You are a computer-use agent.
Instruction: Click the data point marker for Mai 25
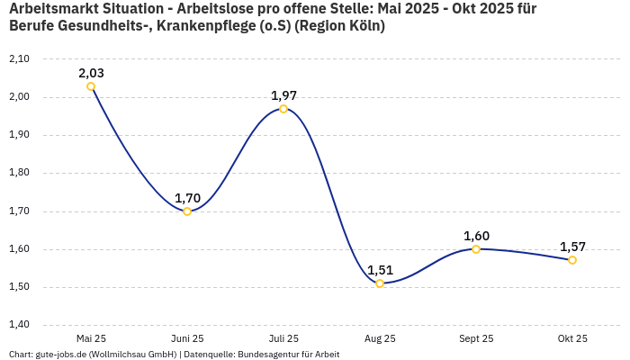[91, 86]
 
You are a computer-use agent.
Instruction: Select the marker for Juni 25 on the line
[187, 211]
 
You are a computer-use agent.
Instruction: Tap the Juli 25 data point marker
[283, 109]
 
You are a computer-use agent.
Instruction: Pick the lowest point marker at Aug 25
[380, 283]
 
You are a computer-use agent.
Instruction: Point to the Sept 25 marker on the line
[476, 249]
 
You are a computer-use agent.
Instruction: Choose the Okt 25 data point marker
[572, 260]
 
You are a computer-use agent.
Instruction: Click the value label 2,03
[91, 73]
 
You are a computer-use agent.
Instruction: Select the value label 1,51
[380, 270]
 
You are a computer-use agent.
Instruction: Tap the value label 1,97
[283, 95]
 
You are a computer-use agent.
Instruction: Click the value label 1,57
[572, 247]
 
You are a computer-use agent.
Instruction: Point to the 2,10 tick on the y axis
[19, 58]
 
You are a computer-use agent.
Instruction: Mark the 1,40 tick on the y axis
[19, 325]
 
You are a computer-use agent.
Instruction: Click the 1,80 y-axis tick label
[19, 173]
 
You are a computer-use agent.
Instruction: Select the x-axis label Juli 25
[283, 338]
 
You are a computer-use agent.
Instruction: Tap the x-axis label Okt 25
[572, 338]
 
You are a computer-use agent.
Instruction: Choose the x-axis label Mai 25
[91, 338]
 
